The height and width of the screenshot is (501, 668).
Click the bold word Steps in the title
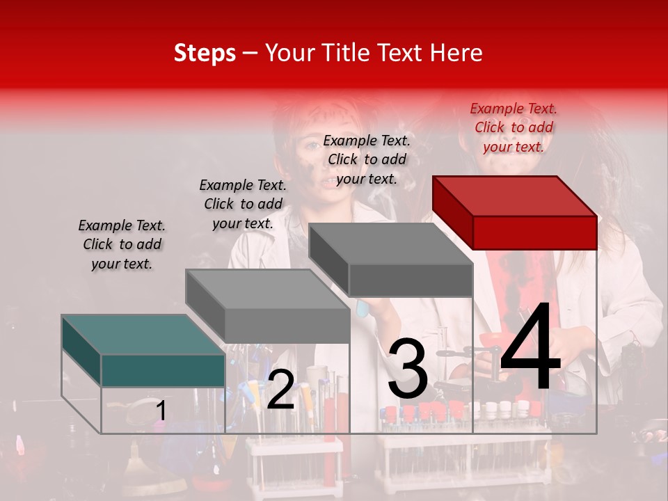coord(204,54)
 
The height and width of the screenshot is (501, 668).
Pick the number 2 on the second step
coord(280,390)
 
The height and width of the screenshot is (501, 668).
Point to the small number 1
coord(161,411)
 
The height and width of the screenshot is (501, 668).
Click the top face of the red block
coord(514,196)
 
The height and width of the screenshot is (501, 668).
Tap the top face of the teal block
coord(143,334)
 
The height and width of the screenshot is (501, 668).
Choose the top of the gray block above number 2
coord(267,289)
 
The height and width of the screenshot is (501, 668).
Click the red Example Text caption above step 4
coord(514,127)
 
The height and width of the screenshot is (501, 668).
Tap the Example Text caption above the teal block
coord(122,244)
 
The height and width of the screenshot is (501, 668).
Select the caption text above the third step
coord(367,159)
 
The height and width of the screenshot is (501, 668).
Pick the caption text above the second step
coord(243,204)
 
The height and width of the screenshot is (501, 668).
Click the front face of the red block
coord(534,232)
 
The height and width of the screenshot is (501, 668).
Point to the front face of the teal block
coord(163,370)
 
